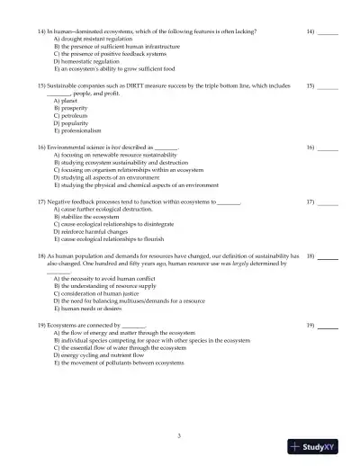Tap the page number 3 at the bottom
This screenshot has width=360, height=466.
(179, 435)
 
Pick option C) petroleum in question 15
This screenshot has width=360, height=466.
(72, 116)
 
